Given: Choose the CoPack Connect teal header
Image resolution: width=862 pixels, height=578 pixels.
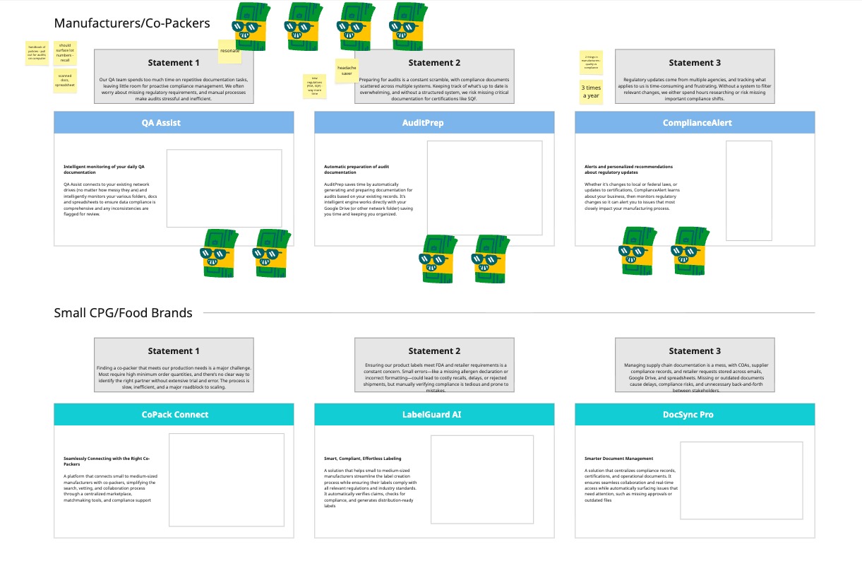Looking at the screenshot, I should (x=174, y=414).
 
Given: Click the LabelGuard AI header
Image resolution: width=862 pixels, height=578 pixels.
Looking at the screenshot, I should (x=434, y=414).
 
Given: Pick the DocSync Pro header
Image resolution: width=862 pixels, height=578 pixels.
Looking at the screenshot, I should (x=695, y=414).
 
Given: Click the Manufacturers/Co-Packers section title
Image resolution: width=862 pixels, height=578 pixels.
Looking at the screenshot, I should (x=132, y=23).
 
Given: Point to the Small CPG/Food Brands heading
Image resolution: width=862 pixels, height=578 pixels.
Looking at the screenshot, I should (x=123, y=313).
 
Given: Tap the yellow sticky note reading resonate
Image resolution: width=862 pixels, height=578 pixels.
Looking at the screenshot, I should (x=230, y=50).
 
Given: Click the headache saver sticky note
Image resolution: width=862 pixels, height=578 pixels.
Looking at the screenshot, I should (x=347, y=70).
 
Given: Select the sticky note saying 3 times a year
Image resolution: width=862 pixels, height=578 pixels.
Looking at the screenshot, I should (x=591, y=92).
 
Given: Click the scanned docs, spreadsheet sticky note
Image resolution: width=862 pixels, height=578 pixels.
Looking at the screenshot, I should (x=65, y=81).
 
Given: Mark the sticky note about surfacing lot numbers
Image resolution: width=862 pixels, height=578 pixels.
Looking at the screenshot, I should (x=65, y=53).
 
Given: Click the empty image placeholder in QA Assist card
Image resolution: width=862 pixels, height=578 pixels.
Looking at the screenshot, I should (x=224, y=188).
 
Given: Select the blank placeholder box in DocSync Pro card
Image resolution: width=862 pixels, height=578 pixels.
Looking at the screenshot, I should (x=741, y=480).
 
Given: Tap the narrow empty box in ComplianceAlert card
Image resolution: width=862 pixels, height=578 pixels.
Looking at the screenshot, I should (x=748, y=190).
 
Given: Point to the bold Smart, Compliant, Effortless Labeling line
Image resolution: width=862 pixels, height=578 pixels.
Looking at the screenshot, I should (x=362, y=459).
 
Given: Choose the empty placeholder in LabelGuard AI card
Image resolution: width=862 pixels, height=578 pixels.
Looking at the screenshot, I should (x=481, y=479).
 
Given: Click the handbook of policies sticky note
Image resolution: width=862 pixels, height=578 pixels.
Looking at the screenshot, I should (x=37, y=53).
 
